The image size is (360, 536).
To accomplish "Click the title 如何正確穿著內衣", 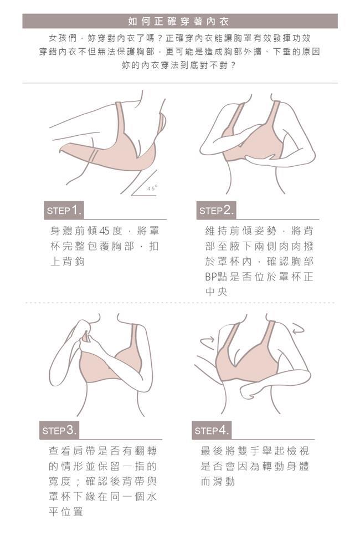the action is (178, 22).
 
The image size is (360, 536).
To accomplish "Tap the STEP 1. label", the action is (64, 210).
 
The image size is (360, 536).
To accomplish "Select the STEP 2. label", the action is (216, 210).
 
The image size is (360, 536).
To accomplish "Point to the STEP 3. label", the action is (59, 430).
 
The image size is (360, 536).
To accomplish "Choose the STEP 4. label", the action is (212, 430).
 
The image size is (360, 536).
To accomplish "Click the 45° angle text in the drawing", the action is (152, 188).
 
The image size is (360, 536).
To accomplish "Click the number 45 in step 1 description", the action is (104, 231).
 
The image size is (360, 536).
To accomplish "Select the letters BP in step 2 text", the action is (211, 277).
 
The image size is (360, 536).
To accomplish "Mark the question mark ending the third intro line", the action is (233, 65).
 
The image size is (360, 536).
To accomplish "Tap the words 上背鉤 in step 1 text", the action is (67, 262).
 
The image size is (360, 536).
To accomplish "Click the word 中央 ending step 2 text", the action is (216, 292).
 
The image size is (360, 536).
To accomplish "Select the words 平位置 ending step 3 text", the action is (65, 512).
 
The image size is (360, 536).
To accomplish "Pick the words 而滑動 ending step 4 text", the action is (218, 481).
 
